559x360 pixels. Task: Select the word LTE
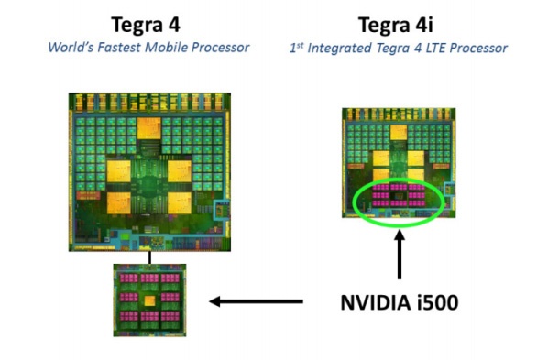click(446, 47)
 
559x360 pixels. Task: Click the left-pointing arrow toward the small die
click(257, 300)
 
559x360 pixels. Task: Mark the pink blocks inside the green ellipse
click(399, 196)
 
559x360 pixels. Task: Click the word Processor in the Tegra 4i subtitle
click(484, 47)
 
